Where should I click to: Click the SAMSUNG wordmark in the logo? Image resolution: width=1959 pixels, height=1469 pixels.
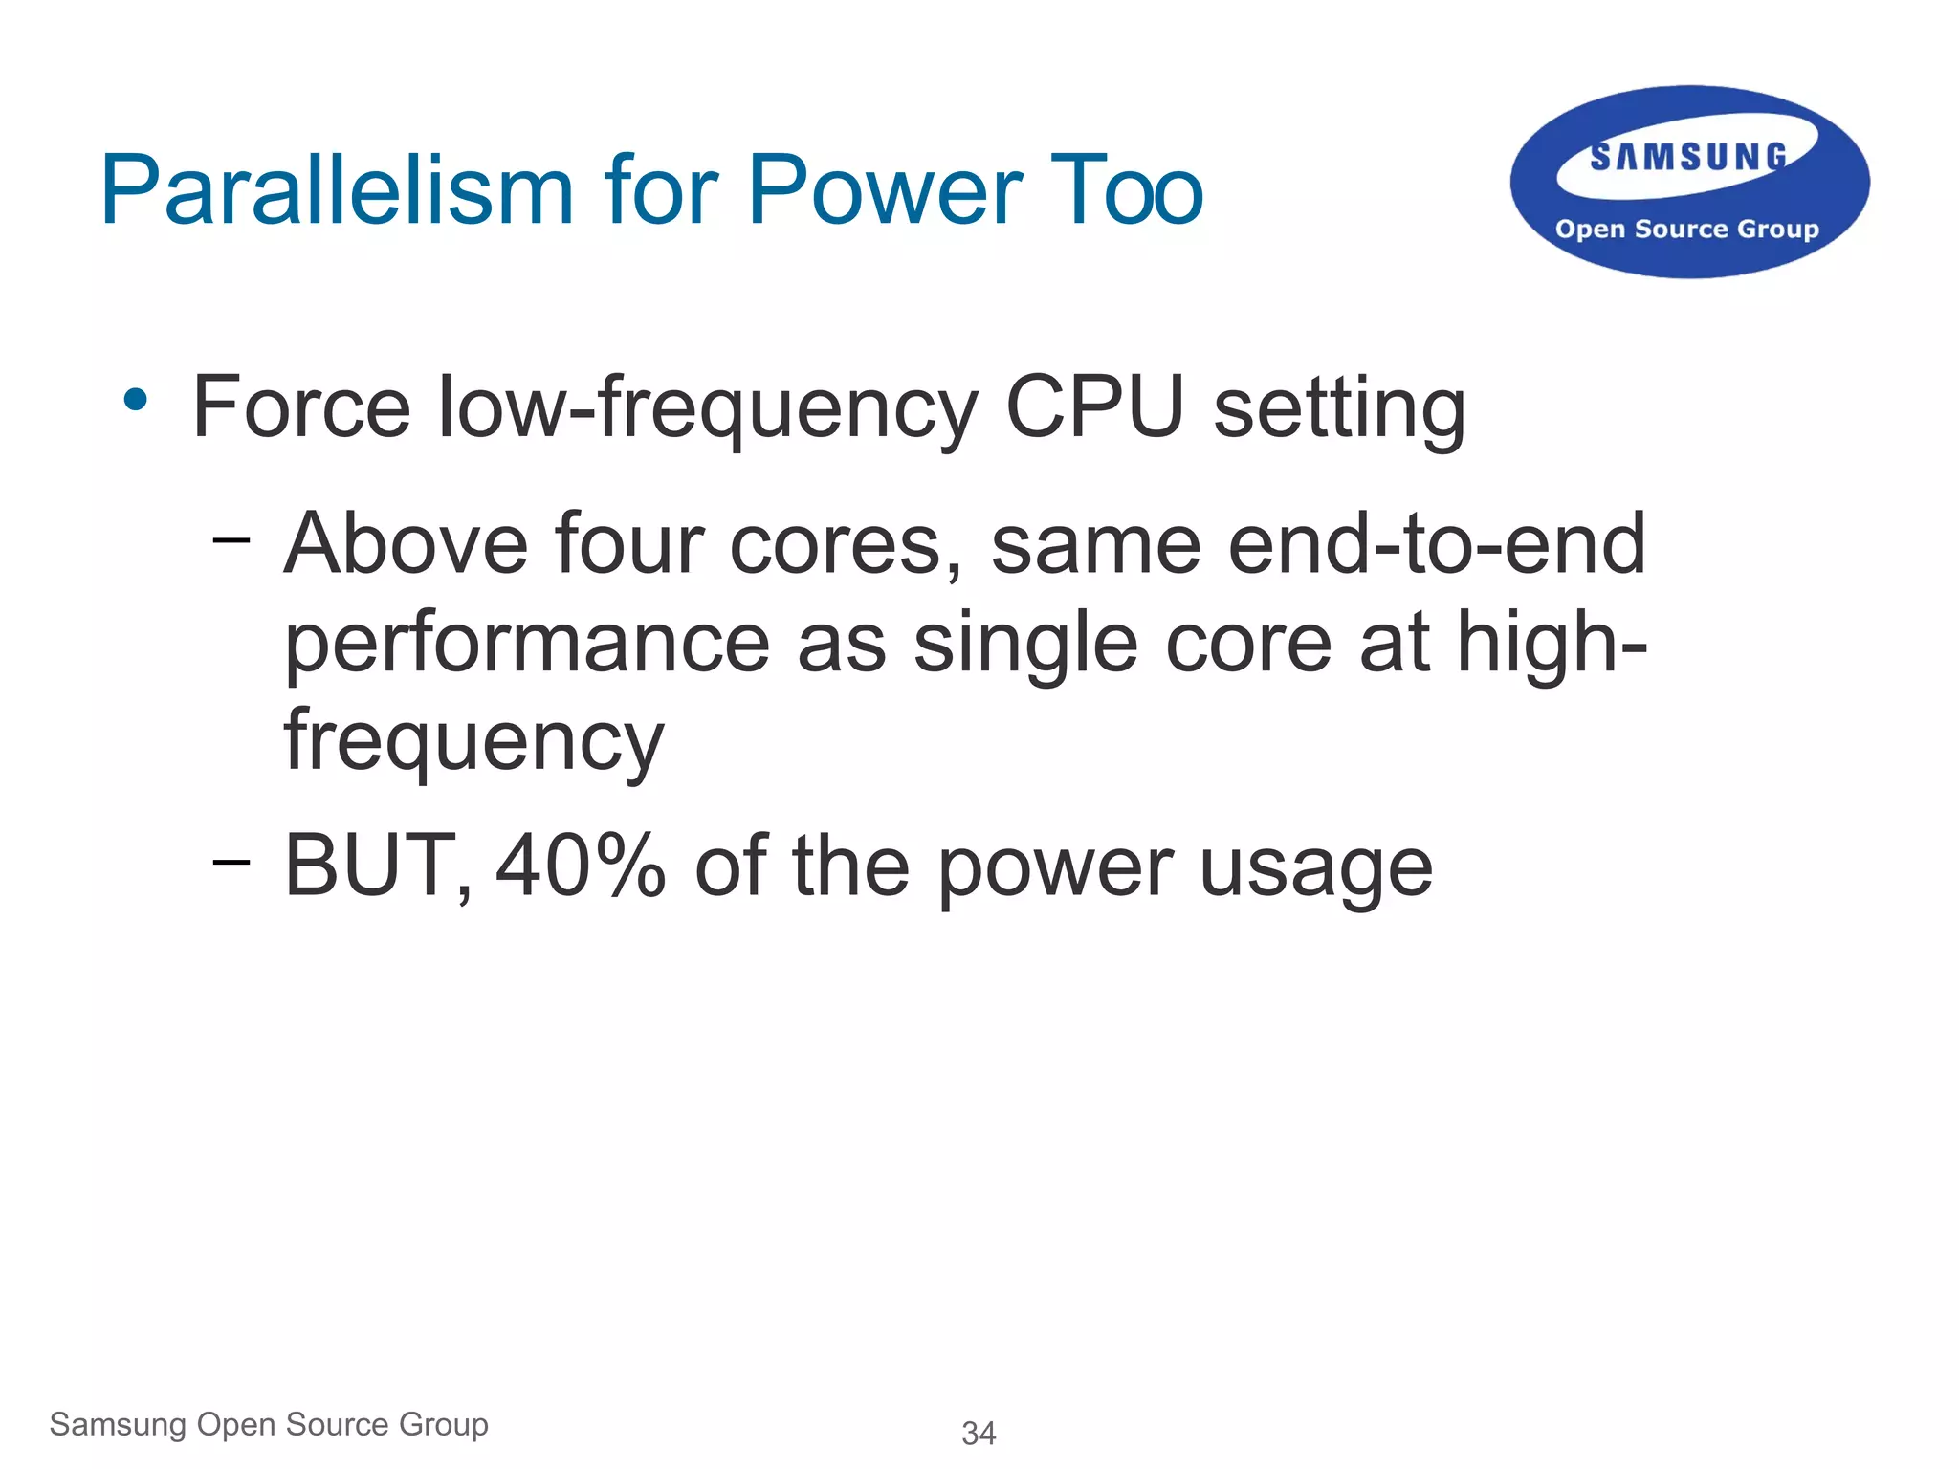click(1688, 157)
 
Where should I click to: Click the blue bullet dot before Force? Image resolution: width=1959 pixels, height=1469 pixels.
click(136, 400)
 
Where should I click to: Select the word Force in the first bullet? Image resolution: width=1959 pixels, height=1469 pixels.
click(301, 408)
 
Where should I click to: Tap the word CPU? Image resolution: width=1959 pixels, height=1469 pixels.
click(1094, 408)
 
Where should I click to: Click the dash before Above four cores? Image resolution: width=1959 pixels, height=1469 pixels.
click(231, 541)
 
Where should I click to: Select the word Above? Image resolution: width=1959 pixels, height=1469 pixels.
click(406, 545)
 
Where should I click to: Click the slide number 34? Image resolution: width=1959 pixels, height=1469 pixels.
click(979, 1434)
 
